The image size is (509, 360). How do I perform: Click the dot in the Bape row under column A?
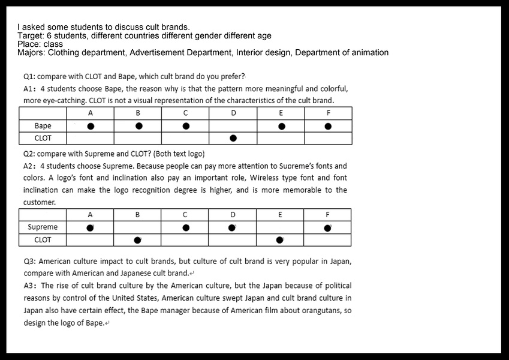(x=91, y=127)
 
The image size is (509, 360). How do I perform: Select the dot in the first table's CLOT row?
(x=233, y=139)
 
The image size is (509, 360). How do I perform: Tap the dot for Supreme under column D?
(x=232, y=227)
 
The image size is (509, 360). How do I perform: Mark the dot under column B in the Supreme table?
(x=137, y=240)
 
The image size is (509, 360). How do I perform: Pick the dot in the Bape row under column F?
(x=328, y=127)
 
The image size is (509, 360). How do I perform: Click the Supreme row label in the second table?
(x=43, y=227)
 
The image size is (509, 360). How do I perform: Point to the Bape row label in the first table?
(x=43, y=126)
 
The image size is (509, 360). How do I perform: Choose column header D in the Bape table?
(x=233, y=113)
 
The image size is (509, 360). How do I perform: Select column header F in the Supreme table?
(x=327, y=215)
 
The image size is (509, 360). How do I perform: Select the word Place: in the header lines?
(x=30, y=44)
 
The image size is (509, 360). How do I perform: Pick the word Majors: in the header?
(x=32, y=53)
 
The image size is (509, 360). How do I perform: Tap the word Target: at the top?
(x=31, y=36)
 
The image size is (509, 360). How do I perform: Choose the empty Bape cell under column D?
(x=233, y=127)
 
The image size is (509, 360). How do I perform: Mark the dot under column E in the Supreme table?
(x=279, y=240)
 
